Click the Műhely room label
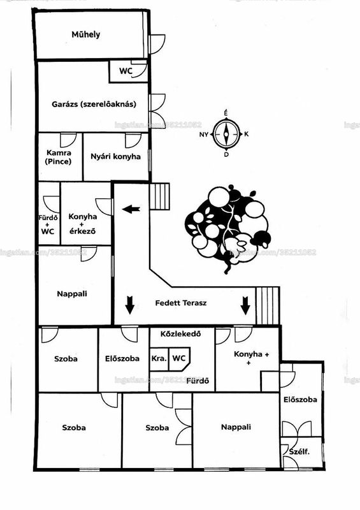[x=86, y=34]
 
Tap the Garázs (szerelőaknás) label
[x=94, y=104]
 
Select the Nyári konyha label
[x=116, y=156]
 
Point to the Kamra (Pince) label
[x=59, y=157]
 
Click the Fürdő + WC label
[x=48, y=224]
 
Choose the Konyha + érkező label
[x=83, y=224]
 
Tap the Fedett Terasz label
[x=181, y=303]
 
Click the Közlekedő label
[x=181, y=333]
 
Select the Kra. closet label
[x=159, y=358]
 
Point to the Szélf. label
[x=299, y=451]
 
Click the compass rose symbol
[x=226, y=134]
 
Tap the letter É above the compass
[x=226, y=113]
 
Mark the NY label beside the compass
[x=204, y=135]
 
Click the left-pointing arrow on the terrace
[x=131, y=209]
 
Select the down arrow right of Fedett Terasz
[x=245, y=306]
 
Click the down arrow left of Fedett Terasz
[x=130, y=305]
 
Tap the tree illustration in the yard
[x=227, y=228]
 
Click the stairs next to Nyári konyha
[x=160, y=196]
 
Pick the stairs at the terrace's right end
[x=268, y=305]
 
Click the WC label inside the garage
[x=126, y=71]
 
